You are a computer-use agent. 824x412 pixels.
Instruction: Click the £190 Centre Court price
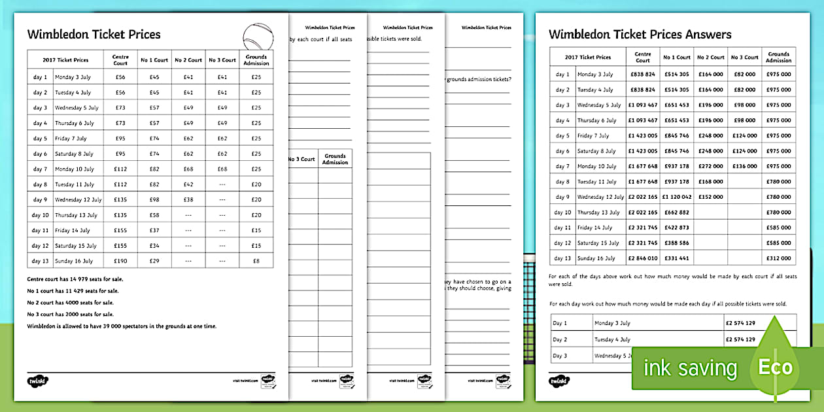click(x=120, y=261)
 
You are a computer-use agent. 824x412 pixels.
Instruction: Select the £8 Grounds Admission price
click(x=256, y=261)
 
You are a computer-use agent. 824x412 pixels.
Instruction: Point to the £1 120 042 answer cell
click(x=676, y=197)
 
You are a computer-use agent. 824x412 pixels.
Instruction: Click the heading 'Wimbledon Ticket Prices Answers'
click(x=640, y=35)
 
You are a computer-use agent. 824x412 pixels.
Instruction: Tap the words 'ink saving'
click(x=691, y=369)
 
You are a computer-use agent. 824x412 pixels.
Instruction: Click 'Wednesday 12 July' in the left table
click(x=78, y=199)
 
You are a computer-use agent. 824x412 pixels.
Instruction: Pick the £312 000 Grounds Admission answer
click(x=778, y=258)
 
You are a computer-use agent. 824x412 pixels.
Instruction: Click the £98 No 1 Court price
click(x=154, y=199)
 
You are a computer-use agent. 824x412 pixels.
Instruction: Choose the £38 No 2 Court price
click(x=188, y=199)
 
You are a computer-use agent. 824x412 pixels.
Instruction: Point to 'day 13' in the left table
click(x=41, y=261)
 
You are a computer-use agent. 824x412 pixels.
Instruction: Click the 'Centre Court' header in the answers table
click(x=642, y=58)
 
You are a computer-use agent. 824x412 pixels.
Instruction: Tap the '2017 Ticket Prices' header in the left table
click(x=65, y=60)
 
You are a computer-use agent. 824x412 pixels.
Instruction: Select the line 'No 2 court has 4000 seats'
click(x=70, y=302)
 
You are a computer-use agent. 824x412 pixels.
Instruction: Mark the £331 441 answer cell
click(x=676, y=258)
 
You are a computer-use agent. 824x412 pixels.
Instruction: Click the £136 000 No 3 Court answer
click(x=744, y=166)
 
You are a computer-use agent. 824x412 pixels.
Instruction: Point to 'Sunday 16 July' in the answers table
click(x=596, y=258)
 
